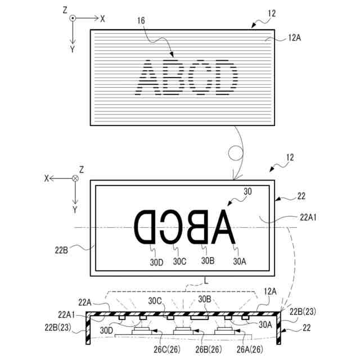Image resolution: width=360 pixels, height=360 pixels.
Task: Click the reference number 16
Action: pos(141,21)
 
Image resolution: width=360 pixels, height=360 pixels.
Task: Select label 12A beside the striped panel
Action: pos(295,38)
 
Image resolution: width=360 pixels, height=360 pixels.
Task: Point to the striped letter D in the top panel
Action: pos(223,78)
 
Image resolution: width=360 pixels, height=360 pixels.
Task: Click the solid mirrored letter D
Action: pos(144,227)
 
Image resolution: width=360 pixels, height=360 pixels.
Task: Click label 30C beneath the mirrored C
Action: pos(179,261)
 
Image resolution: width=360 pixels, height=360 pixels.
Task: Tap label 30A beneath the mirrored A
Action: pos(240,261)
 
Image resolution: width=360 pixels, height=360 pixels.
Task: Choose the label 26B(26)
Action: pos(209,349)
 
